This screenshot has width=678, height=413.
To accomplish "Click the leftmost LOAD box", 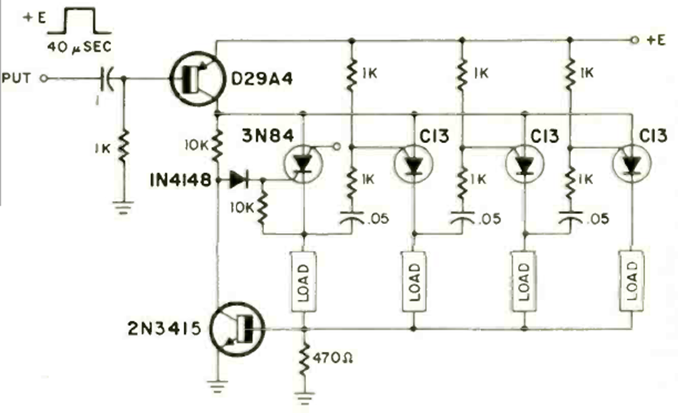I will pos(304,281).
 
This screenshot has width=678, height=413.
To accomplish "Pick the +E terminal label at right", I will pos(657,40).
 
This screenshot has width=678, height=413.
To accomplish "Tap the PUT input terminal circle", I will pos(43,78).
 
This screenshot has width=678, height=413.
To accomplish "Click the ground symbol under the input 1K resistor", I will pos(122,204).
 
